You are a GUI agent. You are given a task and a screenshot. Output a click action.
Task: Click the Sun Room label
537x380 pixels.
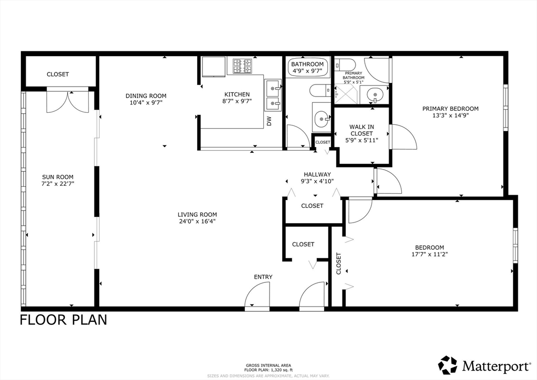[x=58, y=177]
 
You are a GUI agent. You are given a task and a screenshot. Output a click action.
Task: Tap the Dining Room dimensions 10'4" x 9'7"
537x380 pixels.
[x=146, y=102]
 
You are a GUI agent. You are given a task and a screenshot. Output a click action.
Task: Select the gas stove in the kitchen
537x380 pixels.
[x=242, y=66]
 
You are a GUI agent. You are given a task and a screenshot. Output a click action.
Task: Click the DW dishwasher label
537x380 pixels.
[x=269, y=121]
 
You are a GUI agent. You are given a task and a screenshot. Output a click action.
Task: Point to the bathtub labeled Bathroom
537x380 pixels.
[x=307, y=68]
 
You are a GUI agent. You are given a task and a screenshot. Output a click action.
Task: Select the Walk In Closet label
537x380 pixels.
[x=362, y=130]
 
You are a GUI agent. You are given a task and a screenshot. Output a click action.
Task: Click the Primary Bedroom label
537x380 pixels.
[x=450, y=109]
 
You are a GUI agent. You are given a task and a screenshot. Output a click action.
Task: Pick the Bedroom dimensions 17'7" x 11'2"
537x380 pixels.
[x=429, y=254]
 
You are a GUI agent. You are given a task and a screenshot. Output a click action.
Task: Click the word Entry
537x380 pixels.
[x=263, y=277]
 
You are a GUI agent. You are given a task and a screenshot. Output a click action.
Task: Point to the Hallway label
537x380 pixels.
[x=317, y=174]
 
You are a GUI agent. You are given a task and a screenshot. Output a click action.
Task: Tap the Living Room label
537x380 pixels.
[x=197, y=215]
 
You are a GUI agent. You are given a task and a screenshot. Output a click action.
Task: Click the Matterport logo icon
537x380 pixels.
[x=448, y=366]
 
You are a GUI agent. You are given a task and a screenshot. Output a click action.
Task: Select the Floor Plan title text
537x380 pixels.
[x=63, y=320]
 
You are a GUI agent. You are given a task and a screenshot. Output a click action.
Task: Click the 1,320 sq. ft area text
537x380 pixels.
[x=282, y=370]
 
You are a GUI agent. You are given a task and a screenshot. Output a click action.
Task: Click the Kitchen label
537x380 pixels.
[x=237, y=94]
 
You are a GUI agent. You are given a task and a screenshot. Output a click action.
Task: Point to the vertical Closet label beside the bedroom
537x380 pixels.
[x=339, y=263]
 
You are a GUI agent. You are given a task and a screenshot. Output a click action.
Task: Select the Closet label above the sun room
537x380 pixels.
[x=58, y=74]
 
